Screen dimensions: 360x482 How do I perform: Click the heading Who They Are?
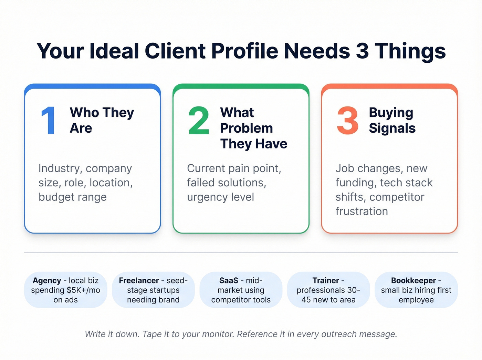coord(102,120)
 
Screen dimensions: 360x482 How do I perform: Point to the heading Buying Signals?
coord(392,120)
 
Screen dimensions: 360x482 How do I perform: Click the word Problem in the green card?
coord(247,128)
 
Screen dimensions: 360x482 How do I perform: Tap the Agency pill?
coord(65,290)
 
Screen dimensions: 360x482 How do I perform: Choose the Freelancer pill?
coord(153,290)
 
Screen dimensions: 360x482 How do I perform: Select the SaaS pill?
coord(241,290)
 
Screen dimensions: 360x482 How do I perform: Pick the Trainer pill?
coord(328,290)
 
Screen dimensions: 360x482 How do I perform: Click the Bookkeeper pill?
coord(416,290)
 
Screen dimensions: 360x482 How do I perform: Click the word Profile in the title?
coord(244,51)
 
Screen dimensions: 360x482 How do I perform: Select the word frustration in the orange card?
coord(361,211)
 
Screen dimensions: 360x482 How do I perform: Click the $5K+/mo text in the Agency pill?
coord(83,290)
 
